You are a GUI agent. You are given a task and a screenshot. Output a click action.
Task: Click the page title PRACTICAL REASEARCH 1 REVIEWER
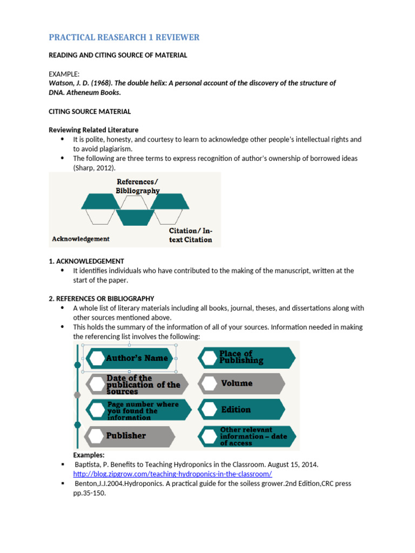coord(124,37)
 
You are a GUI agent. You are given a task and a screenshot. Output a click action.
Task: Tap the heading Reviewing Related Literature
coord(93,130)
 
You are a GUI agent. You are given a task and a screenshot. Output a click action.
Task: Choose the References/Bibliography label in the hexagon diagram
coord(138,186)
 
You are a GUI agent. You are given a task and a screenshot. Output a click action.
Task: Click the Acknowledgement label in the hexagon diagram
coord(81,239)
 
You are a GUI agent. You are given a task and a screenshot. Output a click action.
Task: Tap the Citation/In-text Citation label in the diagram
coord(190,235)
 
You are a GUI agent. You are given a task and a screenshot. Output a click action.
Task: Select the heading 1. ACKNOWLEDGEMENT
coord(86,261)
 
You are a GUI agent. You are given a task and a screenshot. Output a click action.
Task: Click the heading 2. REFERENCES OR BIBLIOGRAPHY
coord(102,299)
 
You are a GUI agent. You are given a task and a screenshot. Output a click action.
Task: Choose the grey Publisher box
coord(130,436)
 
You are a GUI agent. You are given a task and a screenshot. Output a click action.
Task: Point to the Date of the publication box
coord(138,385)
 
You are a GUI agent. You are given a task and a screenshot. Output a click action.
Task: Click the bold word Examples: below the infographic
coord(89,455)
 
